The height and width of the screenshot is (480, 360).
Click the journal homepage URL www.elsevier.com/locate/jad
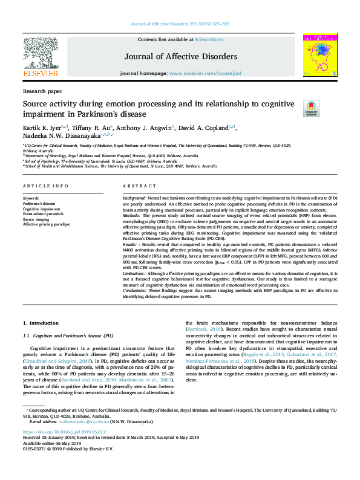coord(200,73)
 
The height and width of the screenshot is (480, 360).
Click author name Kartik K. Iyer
coord(42,128)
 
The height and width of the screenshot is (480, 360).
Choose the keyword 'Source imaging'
coord(36,219)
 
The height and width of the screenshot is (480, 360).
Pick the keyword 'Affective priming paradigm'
coord(47,224)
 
